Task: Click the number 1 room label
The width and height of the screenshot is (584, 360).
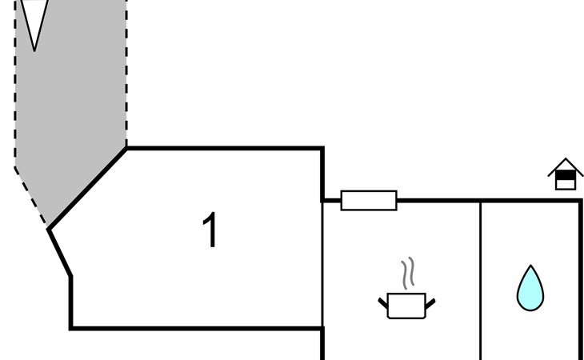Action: [x=210, y=231]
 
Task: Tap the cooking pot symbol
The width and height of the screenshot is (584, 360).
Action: [x=406, y=306]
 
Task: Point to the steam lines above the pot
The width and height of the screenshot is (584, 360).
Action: [x=408, y=273]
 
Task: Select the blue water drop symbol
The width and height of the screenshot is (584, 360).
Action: [x=530, y=290]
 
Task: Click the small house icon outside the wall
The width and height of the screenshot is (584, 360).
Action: [x=566, y=174]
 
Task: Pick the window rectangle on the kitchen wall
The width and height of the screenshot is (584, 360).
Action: [x=369, y=200]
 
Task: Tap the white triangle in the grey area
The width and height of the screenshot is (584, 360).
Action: [x=34, y=20]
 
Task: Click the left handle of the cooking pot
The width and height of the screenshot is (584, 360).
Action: [x=383, y=302]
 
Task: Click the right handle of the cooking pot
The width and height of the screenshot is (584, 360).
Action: [x=430, y=302]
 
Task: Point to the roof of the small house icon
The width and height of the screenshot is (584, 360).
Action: [x=566, y=164]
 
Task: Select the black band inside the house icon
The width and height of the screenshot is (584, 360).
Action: [x=566, y=175]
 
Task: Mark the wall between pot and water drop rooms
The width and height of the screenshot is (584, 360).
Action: [x=480, y=280]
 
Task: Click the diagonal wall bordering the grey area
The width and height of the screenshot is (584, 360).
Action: [x=88, y=189]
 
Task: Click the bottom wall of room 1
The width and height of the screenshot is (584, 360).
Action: [x=196, y=327]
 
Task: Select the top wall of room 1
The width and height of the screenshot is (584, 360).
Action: [x=224, y=148]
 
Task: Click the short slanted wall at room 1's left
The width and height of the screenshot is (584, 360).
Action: [x=60, y=253]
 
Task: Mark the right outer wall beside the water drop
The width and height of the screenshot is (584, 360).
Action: [x=581, y=280]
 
